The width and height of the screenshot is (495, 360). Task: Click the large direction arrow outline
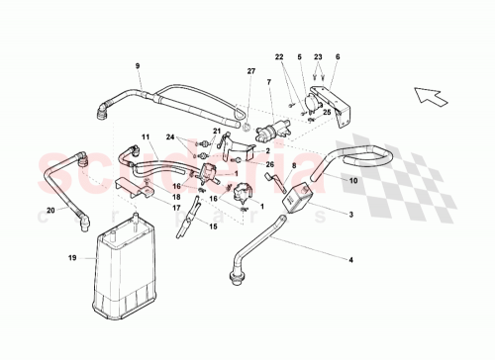[x=433, y=96]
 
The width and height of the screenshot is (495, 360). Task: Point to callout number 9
[x=138, y=66]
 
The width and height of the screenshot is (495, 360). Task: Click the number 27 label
[x=250, y=71]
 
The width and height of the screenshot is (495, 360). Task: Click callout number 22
[x=278, y=57]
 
